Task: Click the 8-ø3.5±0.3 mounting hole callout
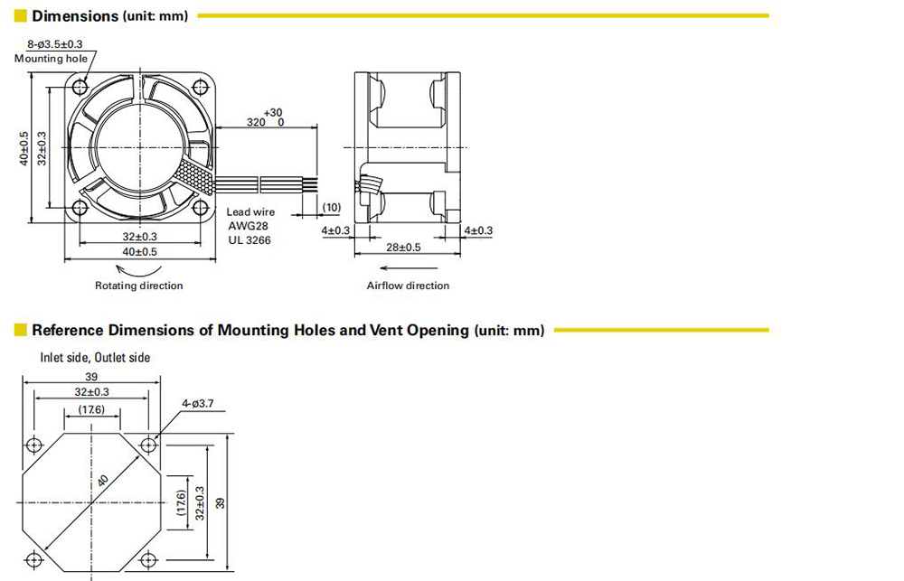[55, 43]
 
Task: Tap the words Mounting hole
[51, 58]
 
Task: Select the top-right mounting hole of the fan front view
[201, 87]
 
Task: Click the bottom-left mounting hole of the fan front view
[80, 208]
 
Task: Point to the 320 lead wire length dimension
[256, 122]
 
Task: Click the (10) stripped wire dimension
[332, 207]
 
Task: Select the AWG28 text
[248, 226]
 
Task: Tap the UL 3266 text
[250, 240]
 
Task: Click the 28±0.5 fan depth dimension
[403, 248]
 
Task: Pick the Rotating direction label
[139, 286]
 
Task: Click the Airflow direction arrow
[409, 268]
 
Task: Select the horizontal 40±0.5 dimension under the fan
[139, 252]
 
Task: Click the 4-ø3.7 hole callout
[198, 404]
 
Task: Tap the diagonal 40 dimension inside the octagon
[103, 481]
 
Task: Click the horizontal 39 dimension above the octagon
[91, 377]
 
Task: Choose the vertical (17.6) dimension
[182, 502]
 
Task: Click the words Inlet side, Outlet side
[95, 357]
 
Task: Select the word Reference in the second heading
[68, 331]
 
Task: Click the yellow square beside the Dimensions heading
[20, 15]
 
